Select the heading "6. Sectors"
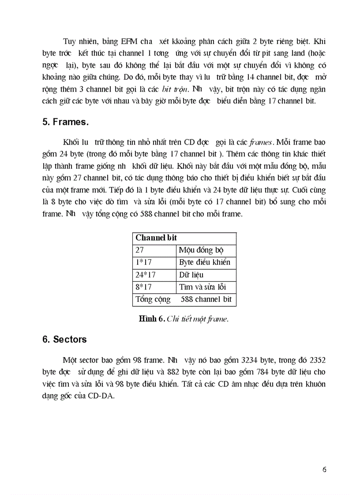(64, 339)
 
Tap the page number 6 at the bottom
(324, 469)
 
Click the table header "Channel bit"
(156, 238)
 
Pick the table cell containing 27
(140, 250)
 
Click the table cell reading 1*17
(143, 263)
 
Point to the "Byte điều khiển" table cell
(205, 263)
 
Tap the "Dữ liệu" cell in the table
(191, 275)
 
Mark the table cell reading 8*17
(143, 287)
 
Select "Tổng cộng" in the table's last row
(153, 300)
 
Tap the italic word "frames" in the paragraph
(262, 142)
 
